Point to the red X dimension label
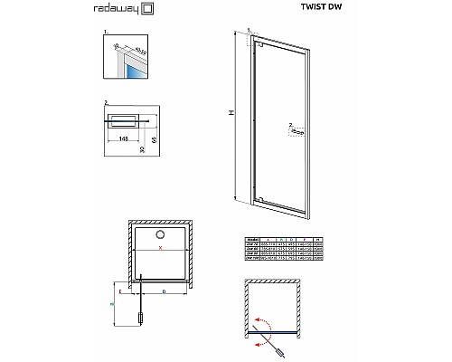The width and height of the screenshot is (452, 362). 160,247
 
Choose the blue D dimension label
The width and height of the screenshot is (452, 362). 163,293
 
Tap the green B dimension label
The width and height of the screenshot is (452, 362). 112,306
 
